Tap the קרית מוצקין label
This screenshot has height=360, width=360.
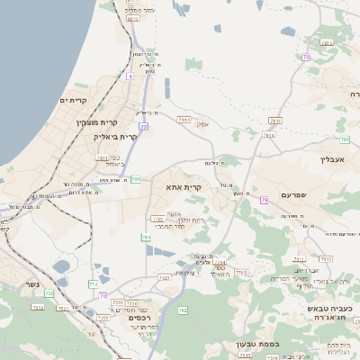tap(97, 121)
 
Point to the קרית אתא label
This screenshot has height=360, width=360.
tap(183, 187)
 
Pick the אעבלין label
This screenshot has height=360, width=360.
tap(333, 158)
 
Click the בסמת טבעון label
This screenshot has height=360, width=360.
tap(258, 343)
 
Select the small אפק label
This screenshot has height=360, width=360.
tap(202, 125)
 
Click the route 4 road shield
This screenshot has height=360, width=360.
tap(130, 76)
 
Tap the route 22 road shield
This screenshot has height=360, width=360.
tap(143, 126)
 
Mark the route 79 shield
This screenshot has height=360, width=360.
tap(265, 200)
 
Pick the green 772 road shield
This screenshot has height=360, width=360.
tap(93, 284)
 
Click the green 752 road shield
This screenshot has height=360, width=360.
tap(49, 293)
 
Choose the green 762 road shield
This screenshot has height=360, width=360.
tap(183, 310)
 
